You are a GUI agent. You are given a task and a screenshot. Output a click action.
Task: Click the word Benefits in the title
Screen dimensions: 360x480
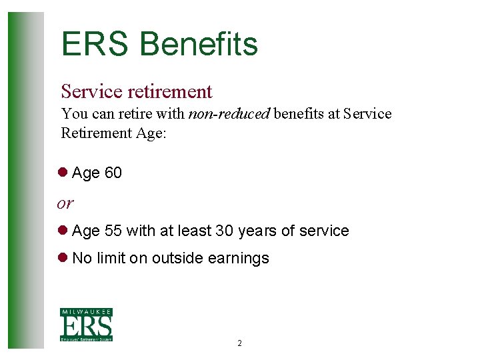tap(199, 45)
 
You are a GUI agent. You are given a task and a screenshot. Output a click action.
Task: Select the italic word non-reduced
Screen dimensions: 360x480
tap(229, 114)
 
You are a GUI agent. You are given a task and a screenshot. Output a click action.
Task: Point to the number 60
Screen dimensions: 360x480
tap(113, 173)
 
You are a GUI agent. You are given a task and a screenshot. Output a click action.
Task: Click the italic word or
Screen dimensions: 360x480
tap(65, 202)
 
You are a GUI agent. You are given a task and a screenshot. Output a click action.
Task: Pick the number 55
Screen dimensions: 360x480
tap(113, 231)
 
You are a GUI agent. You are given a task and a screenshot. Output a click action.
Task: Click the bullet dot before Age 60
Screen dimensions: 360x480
tap(64, 173)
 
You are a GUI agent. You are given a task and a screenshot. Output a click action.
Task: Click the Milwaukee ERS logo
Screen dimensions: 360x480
tap(86, 325)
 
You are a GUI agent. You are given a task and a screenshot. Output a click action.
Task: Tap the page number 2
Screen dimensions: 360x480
tap(239, 344)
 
